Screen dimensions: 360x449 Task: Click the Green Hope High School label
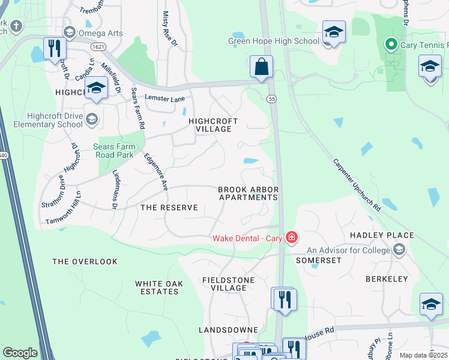[273, 41]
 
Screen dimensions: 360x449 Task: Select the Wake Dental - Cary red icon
[291, 238]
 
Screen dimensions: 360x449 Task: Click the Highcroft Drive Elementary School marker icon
[92, 118]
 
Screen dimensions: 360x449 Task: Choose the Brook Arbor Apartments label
[249, 193]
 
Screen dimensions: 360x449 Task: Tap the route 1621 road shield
[100, 46]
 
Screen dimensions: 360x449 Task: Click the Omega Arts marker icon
[69, 33]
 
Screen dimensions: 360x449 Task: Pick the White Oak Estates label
[157, 287]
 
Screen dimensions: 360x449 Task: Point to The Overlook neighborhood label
[85, 262]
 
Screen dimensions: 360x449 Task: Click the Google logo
[20, 353]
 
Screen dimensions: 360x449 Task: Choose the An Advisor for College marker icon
[398, 250]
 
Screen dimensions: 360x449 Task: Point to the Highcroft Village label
[210, 125]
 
